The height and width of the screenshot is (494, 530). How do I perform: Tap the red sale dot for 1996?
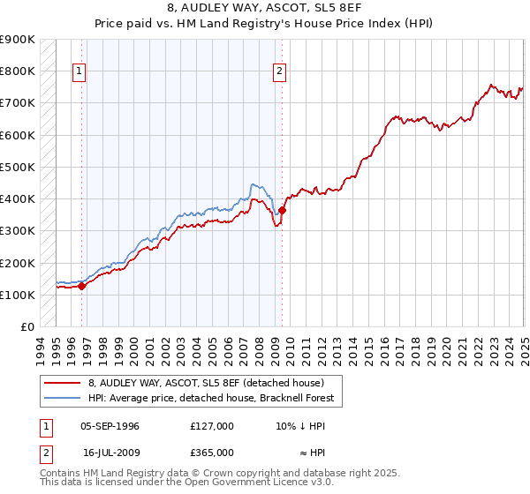click(81, 286)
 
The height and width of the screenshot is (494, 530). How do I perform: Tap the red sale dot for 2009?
click(283, 210)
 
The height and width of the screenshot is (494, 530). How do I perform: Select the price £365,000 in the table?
click(211, 453)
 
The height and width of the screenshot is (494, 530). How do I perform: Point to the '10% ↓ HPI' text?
click(300, 426)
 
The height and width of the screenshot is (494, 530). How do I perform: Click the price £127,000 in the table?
click(211, 426)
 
